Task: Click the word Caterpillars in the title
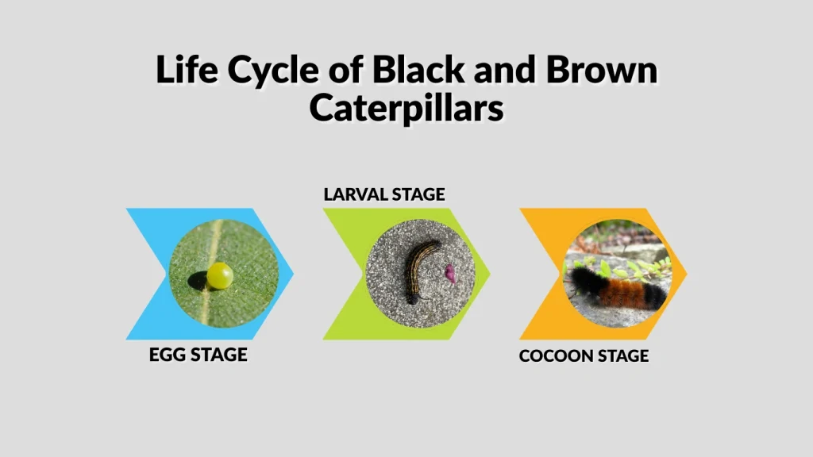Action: [x=406, y=107]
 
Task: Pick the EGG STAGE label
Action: [x=198, y=354]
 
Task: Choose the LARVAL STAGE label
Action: [x=384, y=194]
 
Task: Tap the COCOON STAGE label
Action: [x=584, y=356]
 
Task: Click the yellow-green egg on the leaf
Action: [x=220, y=275]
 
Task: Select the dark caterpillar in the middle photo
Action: [x=418, y=271]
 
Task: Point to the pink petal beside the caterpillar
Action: [x=449, y=274]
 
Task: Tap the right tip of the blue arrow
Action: [x=293, y=274]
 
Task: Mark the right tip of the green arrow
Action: [x=490, y=274]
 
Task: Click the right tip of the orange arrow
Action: [x=687, y=274]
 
